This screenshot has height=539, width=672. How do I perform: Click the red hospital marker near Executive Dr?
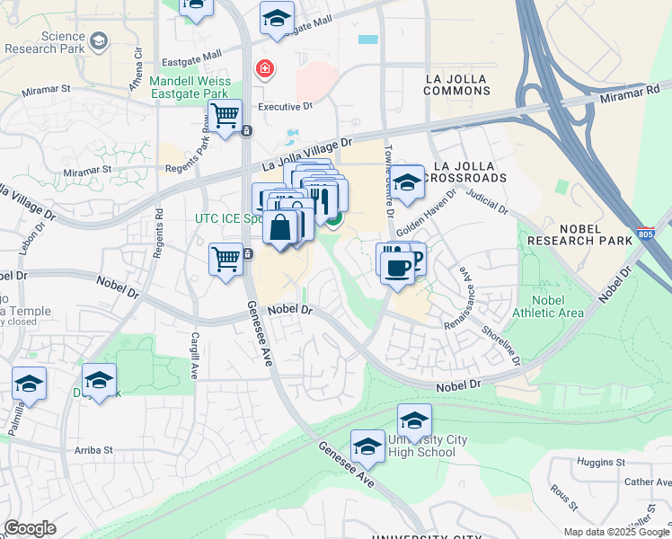point(264,68)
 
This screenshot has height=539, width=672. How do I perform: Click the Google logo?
point(30,528)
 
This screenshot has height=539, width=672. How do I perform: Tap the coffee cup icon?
point(396,267)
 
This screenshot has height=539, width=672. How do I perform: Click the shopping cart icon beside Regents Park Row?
point(225,115)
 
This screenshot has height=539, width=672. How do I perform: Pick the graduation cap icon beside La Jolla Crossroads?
point(407,182)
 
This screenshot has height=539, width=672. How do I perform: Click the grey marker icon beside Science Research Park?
point(98,41)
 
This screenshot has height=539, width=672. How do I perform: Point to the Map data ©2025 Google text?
point(615,532)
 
